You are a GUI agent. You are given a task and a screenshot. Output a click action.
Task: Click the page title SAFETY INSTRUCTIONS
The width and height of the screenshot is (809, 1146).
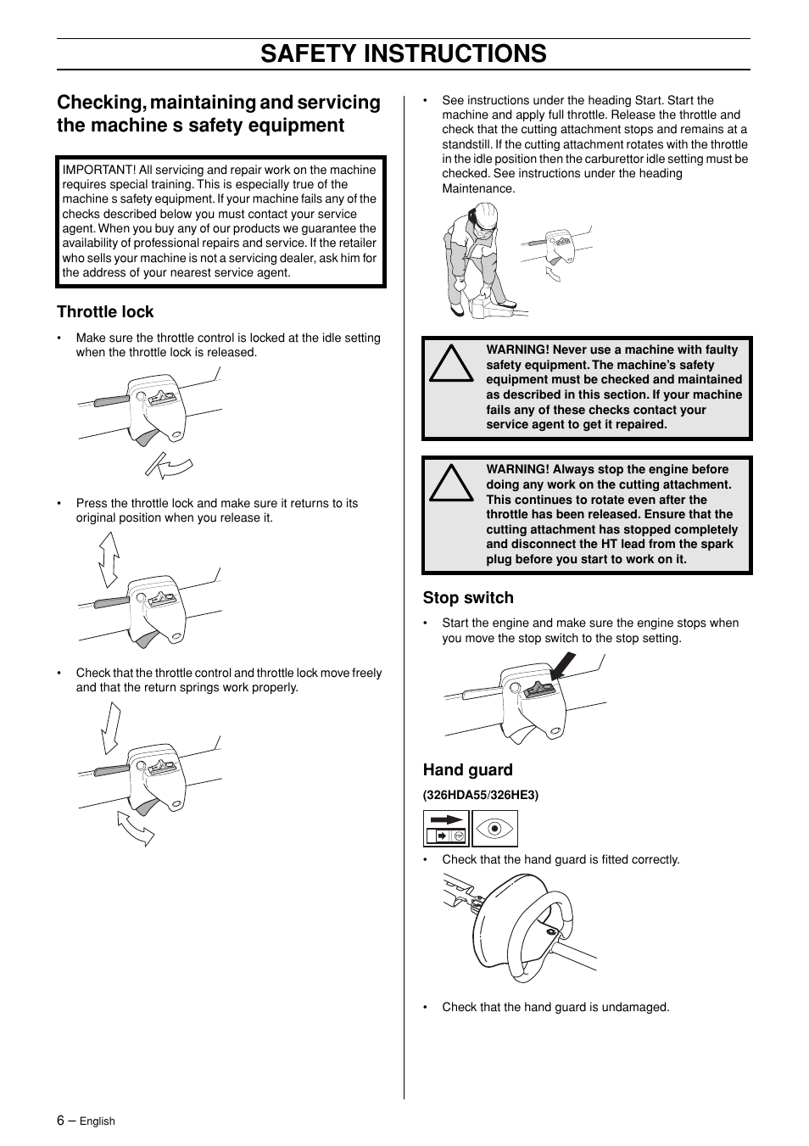pyautogui.click(x=404, y=53)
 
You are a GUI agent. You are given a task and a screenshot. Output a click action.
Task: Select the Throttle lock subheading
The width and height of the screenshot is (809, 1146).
pyautogui.click(x=105, y=312)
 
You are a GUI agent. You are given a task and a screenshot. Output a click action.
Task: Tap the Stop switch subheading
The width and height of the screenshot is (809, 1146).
pyautogui.click(x=468, y=598)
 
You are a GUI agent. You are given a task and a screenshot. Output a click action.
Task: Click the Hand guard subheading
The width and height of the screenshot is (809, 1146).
pyautogui.click(x=467, y=770)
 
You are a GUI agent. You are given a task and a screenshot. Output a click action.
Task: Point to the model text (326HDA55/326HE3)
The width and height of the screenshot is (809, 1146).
pyautogui.click(x=481, y=795)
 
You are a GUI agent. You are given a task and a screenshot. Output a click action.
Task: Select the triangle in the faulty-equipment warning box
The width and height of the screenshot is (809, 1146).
pyautogui.click(x=451, y=364)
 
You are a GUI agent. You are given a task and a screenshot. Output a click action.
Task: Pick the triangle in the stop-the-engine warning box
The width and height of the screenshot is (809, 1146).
pyautogui.click(x=451, y=484)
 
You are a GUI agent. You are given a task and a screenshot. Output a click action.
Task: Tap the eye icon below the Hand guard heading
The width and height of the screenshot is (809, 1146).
pyautogui.click(x=494, y=829)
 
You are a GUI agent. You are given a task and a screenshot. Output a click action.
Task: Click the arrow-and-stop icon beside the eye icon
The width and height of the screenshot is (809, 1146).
pyautogui.click(x=446, y=829)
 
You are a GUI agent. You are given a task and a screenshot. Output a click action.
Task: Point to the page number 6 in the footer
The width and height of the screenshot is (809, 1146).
pyautogui.click(x=61, y=1120)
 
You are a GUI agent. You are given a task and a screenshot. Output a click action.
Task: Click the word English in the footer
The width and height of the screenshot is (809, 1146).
pyautogui.click(x=98, y=1121)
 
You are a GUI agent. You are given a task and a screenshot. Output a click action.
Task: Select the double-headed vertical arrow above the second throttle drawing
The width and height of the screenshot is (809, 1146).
pyautogui.click(x=108, y=560)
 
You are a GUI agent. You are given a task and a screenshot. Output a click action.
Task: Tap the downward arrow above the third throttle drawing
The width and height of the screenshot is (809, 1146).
pyautogui.click(x=110, y=729)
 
